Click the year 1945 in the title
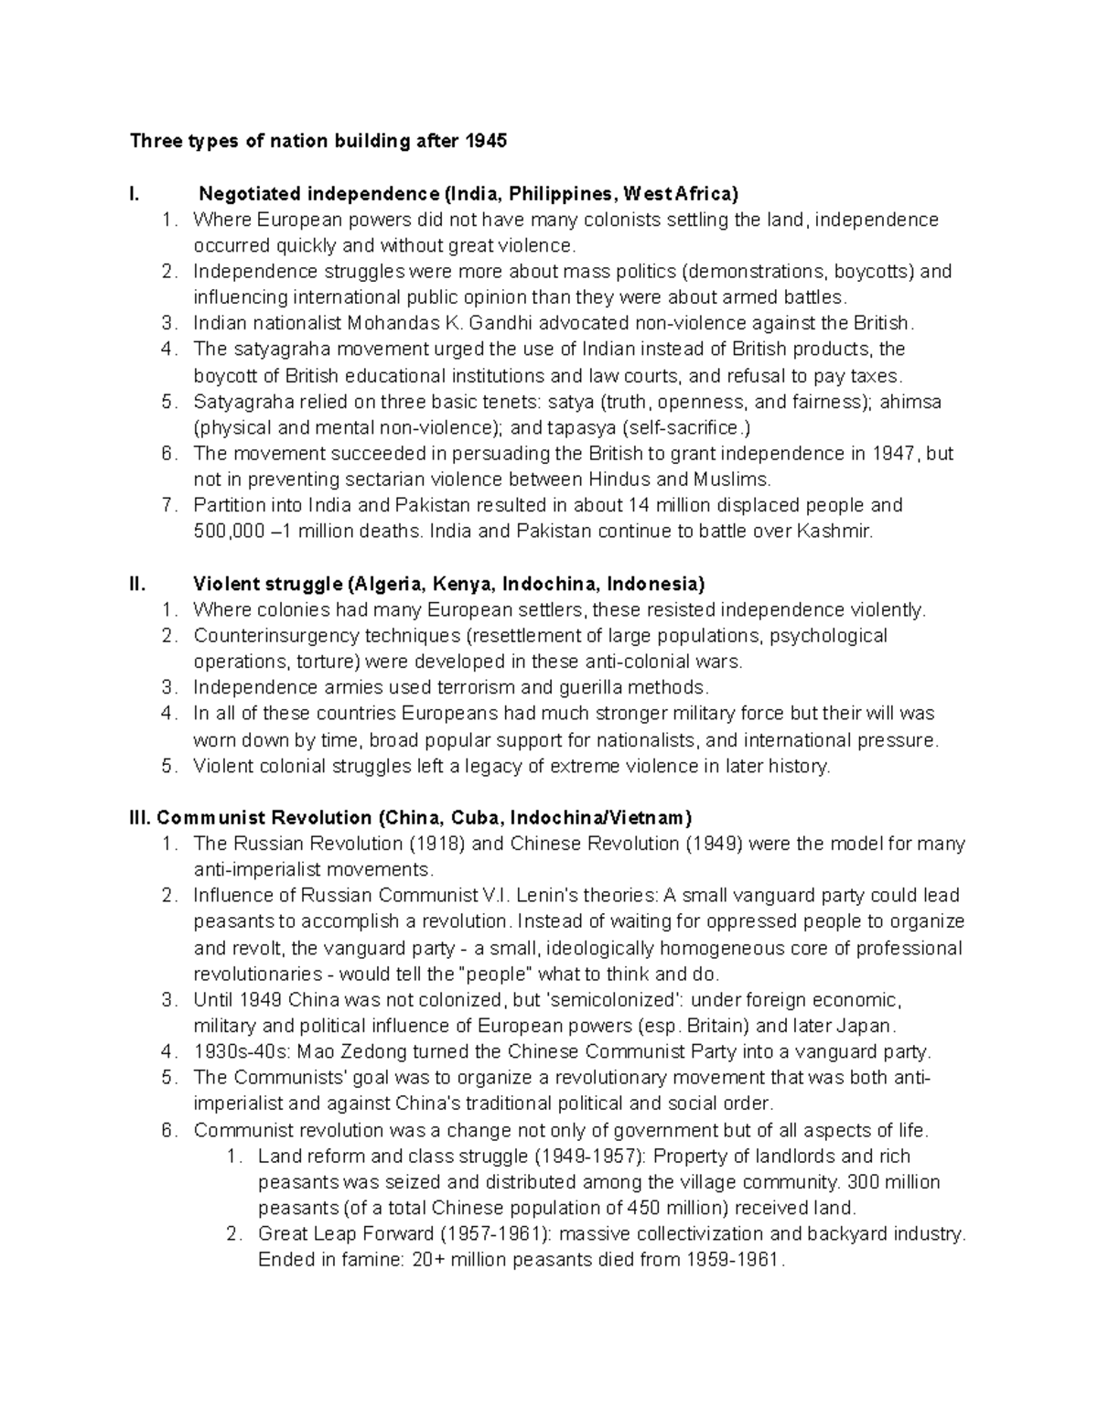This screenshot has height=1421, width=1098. tap(486, 141)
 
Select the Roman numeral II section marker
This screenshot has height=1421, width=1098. tap(136, 584)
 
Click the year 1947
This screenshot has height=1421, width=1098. tap(895, 454)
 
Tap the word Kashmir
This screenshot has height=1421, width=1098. tap(835, 532)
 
